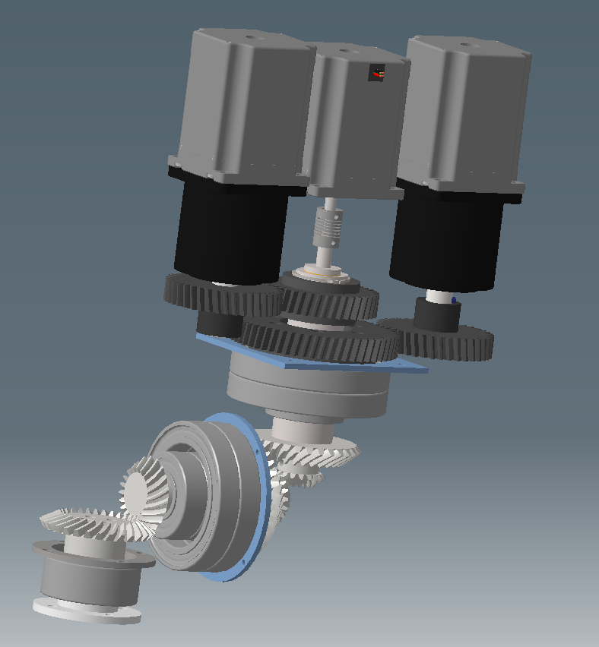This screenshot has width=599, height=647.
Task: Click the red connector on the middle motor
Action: (x=377, y=74)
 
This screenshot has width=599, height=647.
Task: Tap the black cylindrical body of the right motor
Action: (x=445, y=243)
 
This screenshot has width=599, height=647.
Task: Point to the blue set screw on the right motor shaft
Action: (x=454, y=300)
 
